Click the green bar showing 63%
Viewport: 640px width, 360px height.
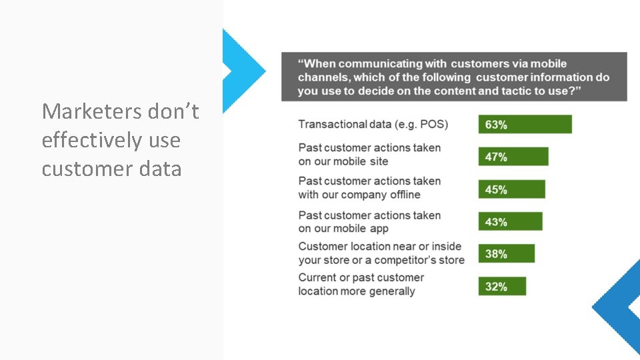pos(525,125)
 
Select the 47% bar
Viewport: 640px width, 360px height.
pos(513,157)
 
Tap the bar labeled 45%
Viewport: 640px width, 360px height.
pos(511,189)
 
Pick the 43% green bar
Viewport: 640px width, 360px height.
pos(510,222)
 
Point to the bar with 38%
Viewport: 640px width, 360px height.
pos(506,254)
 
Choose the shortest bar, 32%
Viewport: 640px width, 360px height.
pos(502,287)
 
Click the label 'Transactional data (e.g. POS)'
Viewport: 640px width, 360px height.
pos(373,124)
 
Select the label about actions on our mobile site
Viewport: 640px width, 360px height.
pos(369,155)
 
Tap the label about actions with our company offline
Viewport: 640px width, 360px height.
pos(369,188)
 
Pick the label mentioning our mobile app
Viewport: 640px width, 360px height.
pos(369,222)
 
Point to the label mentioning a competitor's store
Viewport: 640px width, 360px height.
pos(381,253)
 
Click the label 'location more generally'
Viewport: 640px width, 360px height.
pos(361,285)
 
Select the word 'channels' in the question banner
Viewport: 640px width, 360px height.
pos(321,77)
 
